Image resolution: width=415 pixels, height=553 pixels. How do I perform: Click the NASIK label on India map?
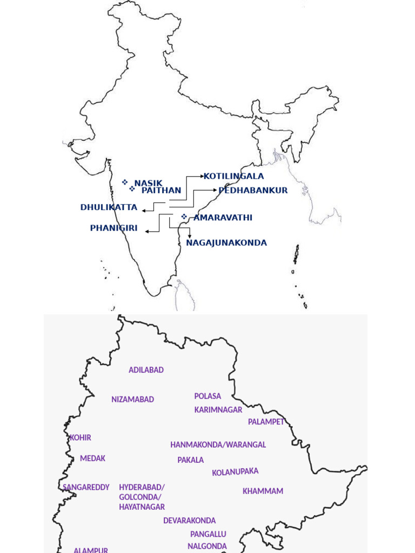coord(148,184)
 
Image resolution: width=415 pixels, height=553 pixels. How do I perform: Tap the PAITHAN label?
coord(161,191)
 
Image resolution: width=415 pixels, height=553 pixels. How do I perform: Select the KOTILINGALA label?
coord(233,176)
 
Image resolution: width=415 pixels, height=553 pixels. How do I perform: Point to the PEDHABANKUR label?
coord(253,191)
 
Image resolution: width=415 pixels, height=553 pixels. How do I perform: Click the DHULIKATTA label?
coord(109,207)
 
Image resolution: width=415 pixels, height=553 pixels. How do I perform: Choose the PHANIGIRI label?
coord(113,228)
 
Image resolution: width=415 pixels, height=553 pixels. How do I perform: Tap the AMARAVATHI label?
coord(223,218)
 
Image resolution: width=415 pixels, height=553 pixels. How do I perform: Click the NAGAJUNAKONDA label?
coord(226,243)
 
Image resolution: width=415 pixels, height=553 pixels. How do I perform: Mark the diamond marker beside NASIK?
coord(125,182)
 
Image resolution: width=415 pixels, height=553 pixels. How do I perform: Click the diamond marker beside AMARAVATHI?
coord(184,217)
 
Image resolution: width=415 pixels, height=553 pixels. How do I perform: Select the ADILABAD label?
coord(146,370)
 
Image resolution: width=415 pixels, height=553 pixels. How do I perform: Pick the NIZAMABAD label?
coord(132,400)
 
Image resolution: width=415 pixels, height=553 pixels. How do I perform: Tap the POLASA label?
coord(207,396)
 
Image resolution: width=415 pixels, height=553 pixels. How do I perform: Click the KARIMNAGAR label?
coord(218,410)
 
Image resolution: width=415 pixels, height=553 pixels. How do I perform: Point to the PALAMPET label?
coord(266,422)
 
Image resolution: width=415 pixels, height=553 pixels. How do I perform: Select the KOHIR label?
coord(81,437)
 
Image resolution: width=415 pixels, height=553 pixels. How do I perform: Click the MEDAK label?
coord(92,458)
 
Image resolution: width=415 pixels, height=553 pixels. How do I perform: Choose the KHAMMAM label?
coord(263,491)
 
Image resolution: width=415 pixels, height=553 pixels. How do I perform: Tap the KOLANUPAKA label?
coord(235,472)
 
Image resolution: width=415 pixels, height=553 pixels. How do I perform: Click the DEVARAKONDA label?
coord(189,521)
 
